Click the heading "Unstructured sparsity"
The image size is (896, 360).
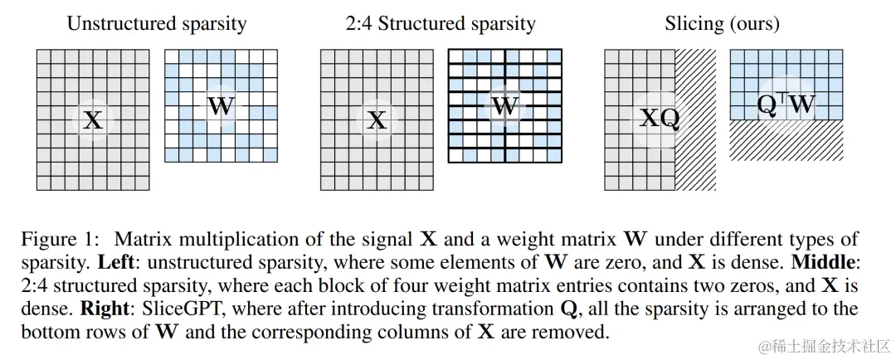[x=156, y=23]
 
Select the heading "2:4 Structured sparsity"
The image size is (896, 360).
[x=441, y=23]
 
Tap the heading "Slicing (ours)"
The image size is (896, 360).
[x=722, y=23]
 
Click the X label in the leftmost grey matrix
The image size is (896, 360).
[x=93, y=121]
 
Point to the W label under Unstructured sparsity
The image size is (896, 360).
[x=221, y=106]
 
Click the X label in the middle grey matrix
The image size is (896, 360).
[x=377, y=121]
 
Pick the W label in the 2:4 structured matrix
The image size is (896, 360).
[x=504, y=106]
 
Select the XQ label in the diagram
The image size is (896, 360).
[x=660, y=119]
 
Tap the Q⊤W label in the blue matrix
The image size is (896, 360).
[x=786, y=105]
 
